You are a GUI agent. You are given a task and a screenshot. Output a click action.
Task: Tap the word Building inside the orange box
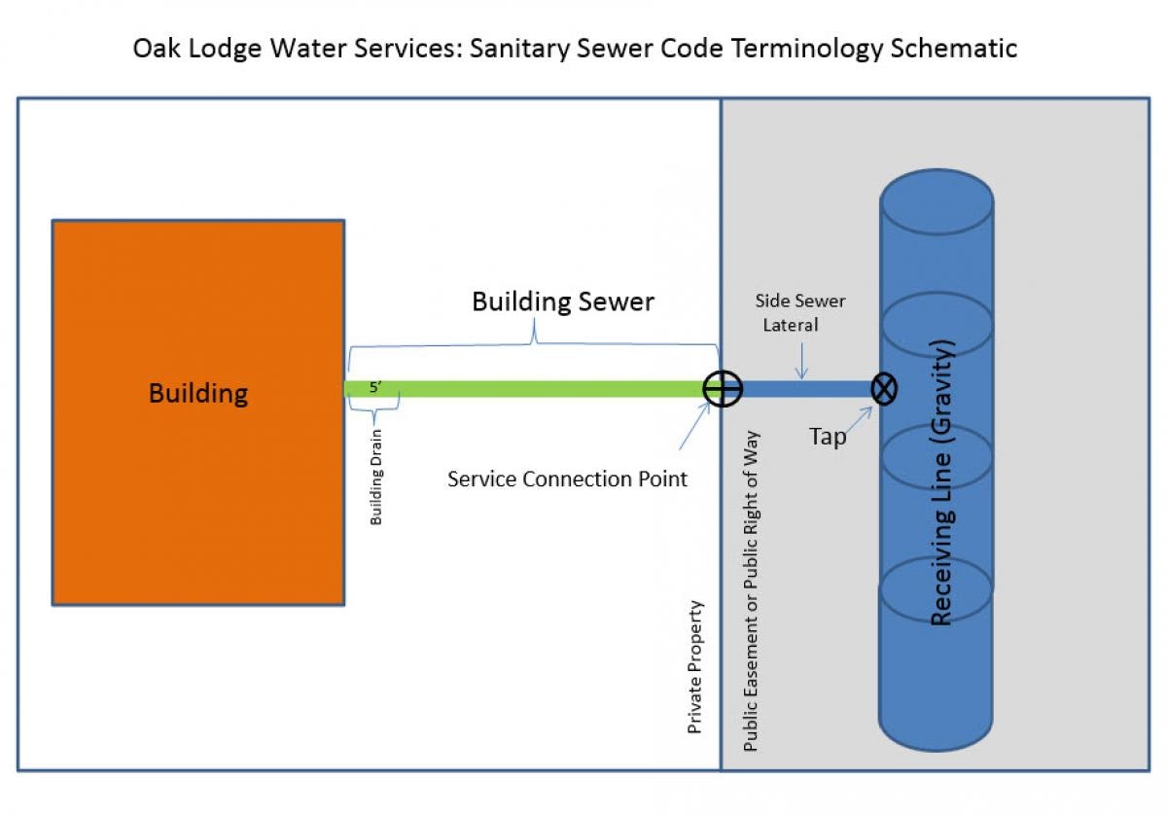pyautogui.click(x=197, y=394)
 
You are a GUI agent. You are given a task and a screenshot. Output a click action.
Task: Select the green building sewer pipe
pyautogui.click(x=545, y=389)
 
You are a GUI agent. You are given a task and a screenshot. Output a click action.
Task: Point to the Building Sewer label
pyautogui.click(x=562, y=301)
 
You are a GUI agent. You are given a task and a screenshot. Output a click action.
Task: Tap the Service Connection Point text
pyautogui.click(x=567, y=479)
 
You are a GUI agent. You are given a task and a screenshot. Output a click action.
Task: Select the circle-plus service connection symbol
pyautogui.click(x=723, y=389)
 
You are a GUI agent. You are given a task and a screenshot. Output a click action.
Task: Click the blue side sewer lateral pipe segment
pyautogui.click(x=807, y=389)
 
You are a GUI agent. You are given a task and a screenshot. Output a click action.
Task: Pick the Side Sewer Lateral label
pyautogui.click(x=800, y=312)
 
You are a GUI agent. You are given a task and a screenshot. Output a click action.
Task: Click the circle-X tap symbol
pyautogui.click(x=884, y=389)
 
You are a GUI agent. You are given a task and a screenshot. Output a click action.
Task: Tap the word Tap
pyautogui.click(x=828, y=437)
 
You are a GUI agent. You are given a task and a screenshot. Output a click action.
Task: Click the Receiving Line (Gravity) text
pyautogui.click(x=941, y=483)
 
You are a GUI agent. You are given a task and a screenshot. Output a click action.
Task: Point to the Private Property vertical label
pyautogui.click(x=695, y=666)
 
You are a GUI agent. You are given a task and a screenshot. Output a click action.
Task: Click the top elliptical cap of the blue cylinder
pyautogui.click(x=936, y=202)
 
